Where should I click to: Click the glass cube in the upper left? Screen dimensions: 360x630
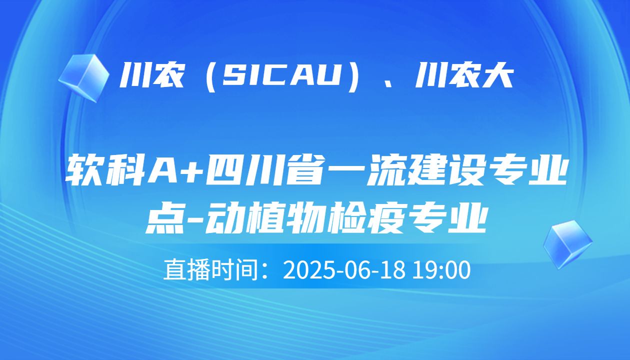83,77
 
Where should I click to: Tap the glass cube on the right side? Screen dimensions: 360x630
567,244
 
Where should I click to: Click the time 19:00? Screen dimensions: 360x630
442,270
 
